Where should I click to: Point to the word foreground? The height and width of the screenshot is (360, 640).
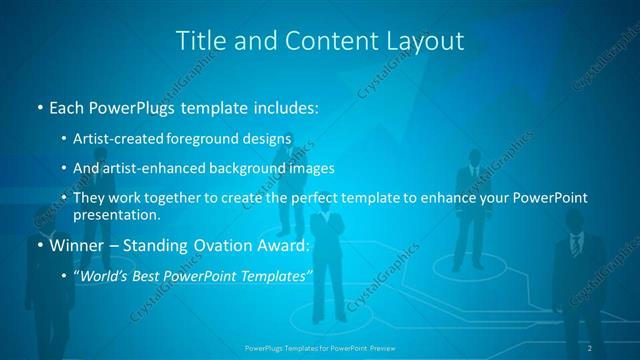[204, 138]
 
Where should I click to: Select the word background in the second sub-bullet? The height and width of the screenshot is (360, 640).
[251, 168]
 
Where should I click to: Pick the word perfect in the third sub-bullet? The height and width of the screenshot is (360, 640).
[310, 198]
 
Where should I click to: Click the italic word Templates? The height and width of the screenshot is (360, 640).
[274, 275]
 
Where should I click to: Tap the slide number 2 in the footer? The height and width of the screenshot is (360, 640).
[590, 347]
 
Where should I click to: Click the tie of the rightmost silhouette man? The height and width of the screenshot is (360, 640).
[576, 244]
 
